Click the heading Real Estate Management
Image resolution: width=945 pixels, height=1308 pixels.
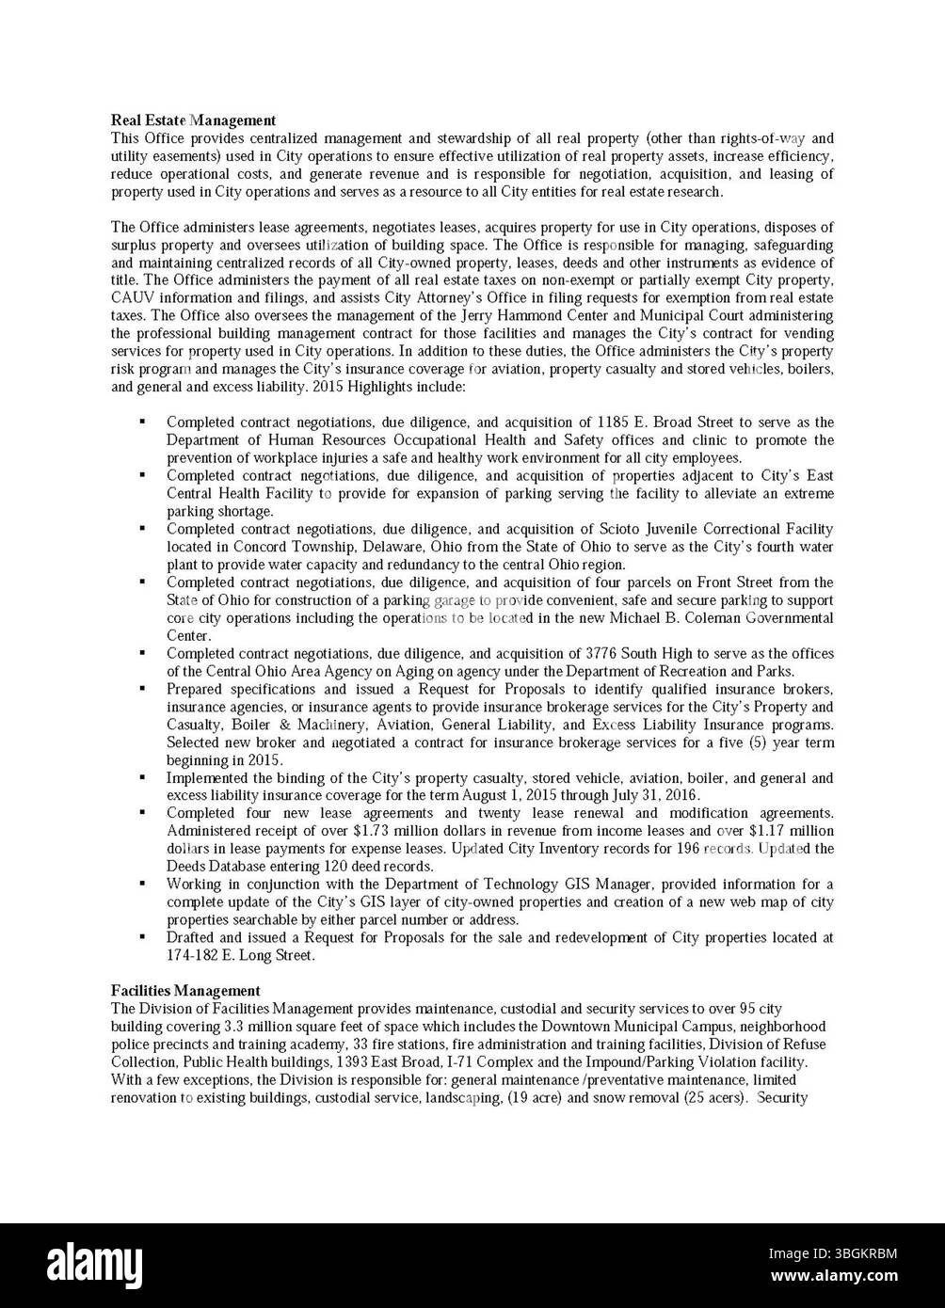pos(193,120)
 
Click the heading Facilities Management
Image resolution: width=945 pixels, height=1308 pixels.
pos(185,991)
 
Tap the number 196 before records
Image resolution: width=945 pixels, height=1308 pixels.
pos(689,849)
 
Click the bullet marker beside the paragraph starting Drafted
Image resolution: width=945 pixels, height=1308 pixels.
pos(141,937)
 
